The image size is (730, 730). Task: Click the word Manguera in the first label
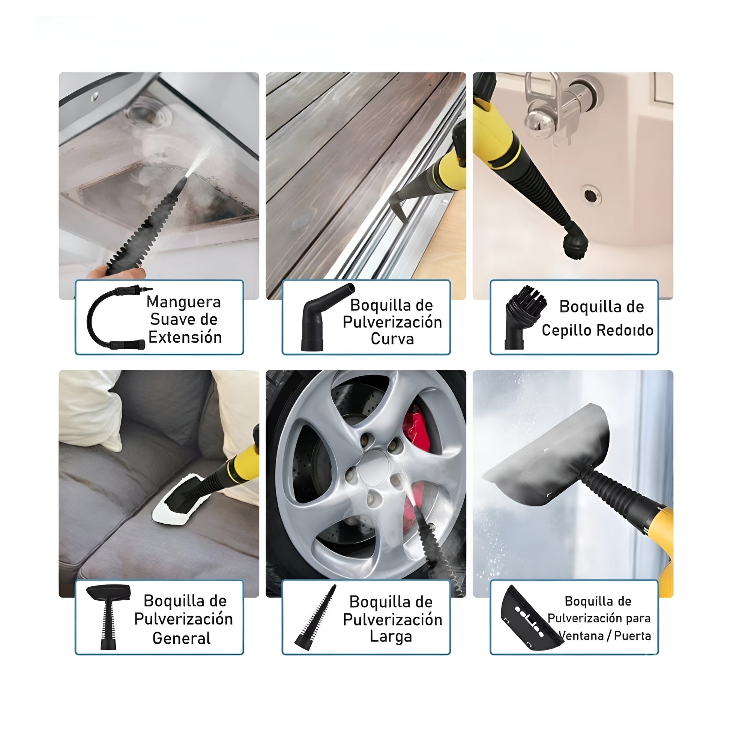pos(184,302)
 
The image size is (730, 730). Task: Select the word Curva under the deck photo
pos(392,338)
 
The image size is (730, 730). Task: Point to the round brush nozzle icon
pos(525,317)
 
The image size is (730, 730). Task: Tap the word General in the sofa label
pos(182,638)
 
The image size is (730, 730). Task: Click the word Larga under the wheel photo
pos(391,637)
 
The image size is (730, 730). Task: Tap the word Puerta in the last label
pos(632,636)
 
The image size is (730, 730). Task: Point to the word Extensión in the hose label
pos(185,337)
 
